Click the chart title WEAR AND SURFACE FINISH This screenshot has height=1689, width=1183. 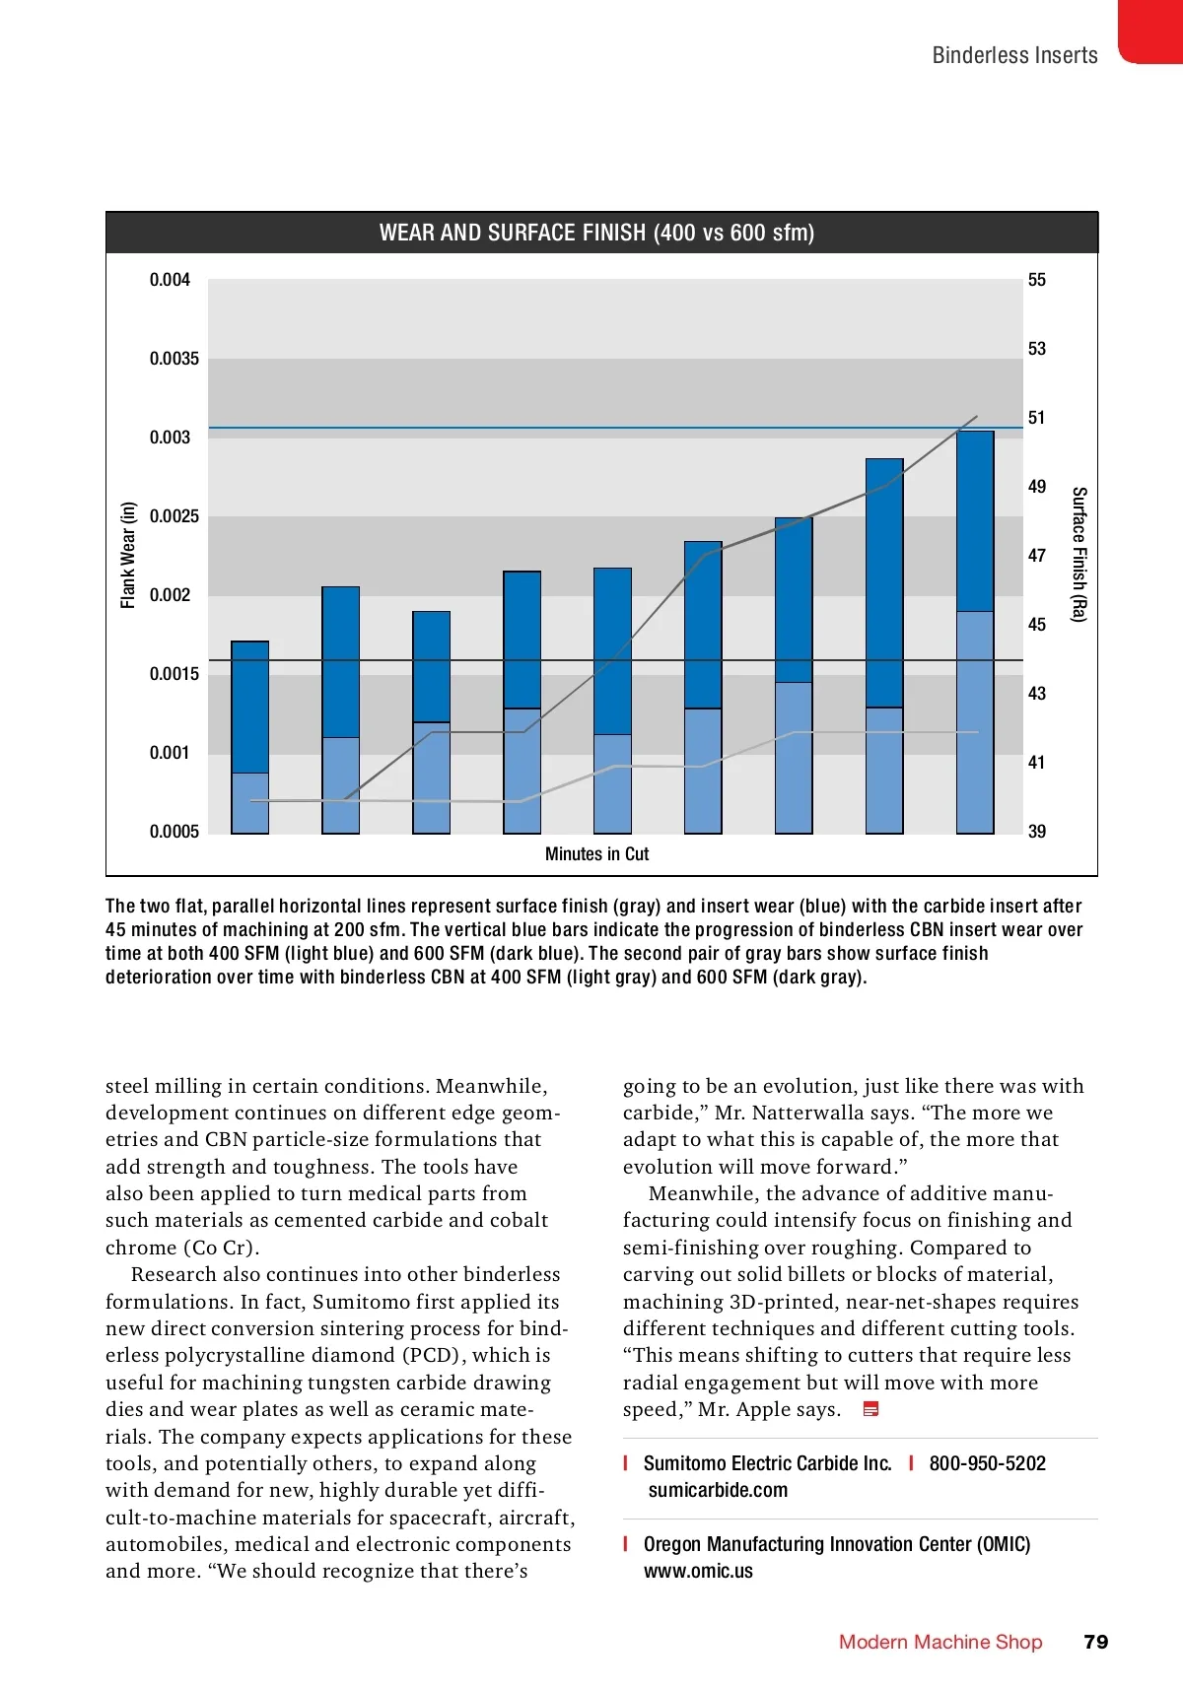coord(596,234)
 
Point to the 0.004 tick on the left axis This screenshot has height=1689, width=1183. coord(170,280)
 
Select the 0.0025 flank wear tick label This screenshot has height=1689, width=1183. coord(174,516)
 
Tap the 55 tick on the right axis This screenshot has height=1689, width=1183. coord(1037,280)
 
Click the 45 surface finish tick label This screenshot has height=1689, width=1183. coord(1037,625)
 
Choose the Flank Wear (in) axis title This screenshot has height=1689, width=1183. coord(128,556)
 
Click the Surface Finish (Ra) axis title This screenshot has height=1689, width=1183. coord(1079,555)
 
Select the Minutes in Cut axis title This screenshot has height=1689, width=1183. coord(596,854)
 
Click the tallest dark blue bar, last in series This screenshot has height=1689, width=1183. coord(975,520)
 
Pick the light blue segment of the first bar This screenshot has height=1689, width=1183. coord(249,803)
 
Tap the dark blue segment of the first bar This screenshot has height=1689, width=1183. coord(249,707)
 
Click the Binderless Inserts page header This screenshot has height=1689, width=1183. coord(1014,55)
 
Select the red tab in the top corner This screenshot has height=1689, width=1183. coord(1150,32)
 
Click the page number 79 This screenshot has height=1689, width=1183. coord(1095,1642)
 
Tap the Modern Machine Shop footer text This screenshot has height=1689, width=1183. coord(940,1642)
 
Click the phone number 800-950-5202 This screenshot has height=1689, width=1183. coord(987,1463)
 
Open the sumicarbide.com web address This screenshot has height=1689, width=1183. coord(718,1490)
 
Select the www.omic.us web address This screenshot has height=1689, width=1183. coord(698,1571)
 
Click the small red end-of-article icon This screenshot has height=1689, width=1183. coord(870,1409)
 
